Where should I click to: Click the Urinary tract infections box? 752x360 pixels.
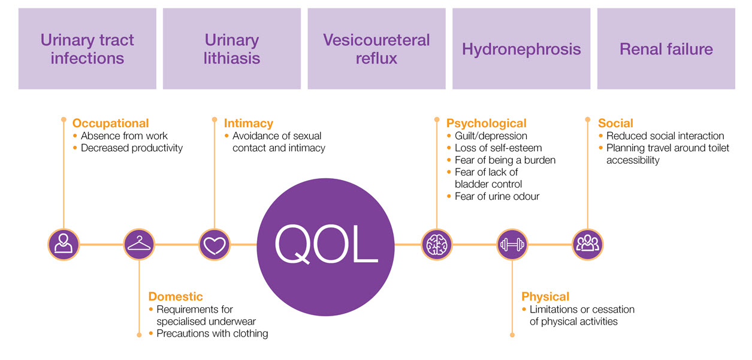87,49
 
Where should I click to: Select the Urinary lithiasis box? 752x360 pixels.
232,49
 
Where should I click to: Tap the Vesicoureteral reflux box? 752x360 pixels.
376,49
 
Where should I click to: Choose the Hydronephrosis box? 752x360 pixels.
521,49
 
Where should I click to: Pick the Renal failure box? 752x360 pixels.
666,49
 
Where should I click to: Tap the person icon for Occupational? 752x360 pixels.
64,245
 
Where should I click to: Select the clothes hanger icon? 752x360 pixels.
139,245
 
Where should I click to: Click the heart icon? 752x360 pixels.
215,245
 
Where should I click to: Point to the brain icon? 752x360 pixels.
436,245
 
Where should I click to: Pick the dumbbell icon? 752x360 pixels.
512,245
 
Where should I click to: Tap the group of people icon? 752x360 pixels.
587,245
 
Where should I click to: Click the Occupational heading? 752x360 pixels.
110,123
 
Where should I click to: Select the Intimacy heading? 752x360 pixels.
248,123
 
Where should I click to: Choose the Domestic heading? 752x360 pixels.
176,296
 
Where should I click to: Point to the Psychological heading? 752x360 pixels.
486,123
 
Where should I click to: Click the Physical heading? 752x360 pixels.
545,296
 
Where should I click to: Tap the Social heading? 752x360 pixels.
615,123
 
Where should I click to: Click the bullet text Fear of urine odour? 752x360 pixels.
497,196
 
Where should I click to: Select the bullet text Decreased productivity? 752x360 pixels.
132,148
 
